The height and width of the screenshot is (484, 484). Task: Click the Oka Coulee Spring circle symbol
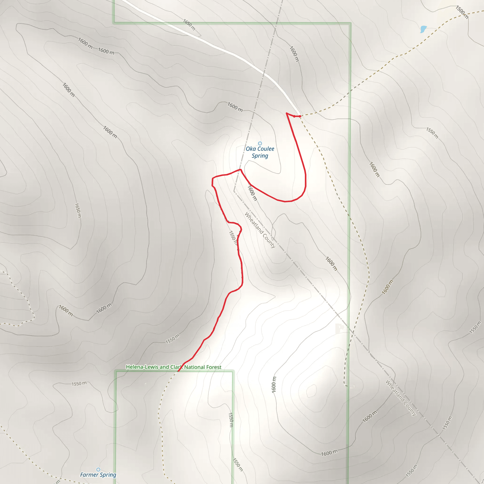coord(260,143)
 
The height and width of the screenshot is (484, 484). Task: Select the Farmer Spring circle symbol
coord(98,470)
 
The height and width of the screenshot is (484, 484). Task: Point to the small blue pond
coord(423,29)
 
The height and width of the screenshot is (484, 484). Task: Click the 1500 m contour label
coord(462,12)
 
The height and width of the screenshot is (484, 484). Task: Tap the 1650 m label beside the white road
coord(189,25)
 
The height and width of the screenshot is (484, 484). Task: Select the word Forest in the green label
coord(213,367)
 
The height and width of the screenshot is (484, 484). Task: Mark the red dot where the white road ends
coord(300,116)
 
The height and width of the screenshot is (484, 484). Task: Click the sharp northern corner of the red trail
coord(287,113)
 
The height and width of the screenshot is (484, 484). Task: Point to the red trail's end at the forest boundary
coord(178,371)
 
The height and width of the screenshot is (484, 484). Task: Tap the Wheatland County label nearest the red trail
coord(260,230)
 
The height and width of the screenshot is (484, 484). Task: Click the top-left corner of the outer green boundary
coord(114,23)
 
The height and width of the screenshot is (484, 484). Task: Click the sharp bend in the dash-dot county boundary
coord(234,191)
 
